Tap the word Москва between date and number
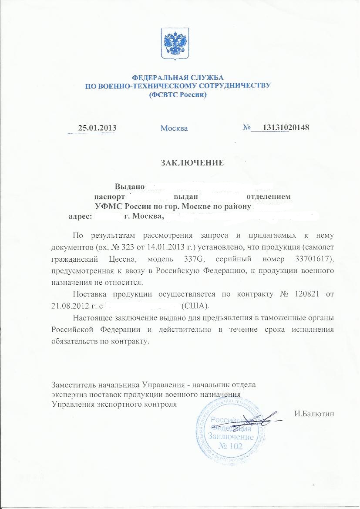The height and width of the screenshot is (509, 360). coord(174,128)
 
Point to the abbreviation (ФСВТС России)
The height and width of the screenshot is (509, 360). coord(178,94)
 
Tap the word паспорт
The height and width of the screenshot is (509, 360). coord(113,197)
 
